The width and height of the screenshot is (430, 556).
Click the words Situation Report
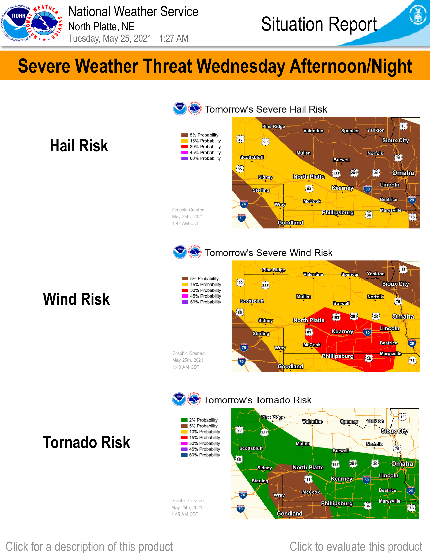[319, 24]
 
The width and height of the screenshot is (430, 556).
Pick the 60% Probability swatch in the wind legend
[185, 302]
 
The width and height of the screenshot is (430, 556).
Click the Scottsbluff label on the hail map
[252, 157]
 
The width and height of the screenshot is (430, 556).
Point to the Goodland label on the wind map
[290, 366]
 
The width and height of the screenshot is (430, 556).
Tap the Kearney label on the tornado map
[341, 479]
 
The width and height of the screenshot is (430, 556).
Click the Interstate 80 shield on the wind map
[367, 332]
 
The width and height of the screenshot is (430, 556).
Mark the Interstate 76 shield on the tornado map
[243, 495]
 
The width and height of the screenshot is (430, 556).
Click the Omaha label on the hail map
[403, 173]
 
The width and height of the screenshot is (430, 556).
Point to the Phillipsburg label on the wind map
[338, 356]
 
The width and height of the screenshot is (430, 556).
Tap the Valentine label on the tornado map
[312, 422]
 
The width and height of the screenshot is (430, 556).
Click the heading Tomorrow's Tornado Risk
[257, 400]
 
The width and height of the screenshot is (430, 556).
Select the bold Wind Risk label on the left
[76, 299]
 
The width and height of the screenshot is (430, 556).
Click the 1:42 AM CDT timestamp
[185, 224]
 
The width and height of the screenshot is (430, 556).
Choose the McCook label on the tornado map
[311, 492]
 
